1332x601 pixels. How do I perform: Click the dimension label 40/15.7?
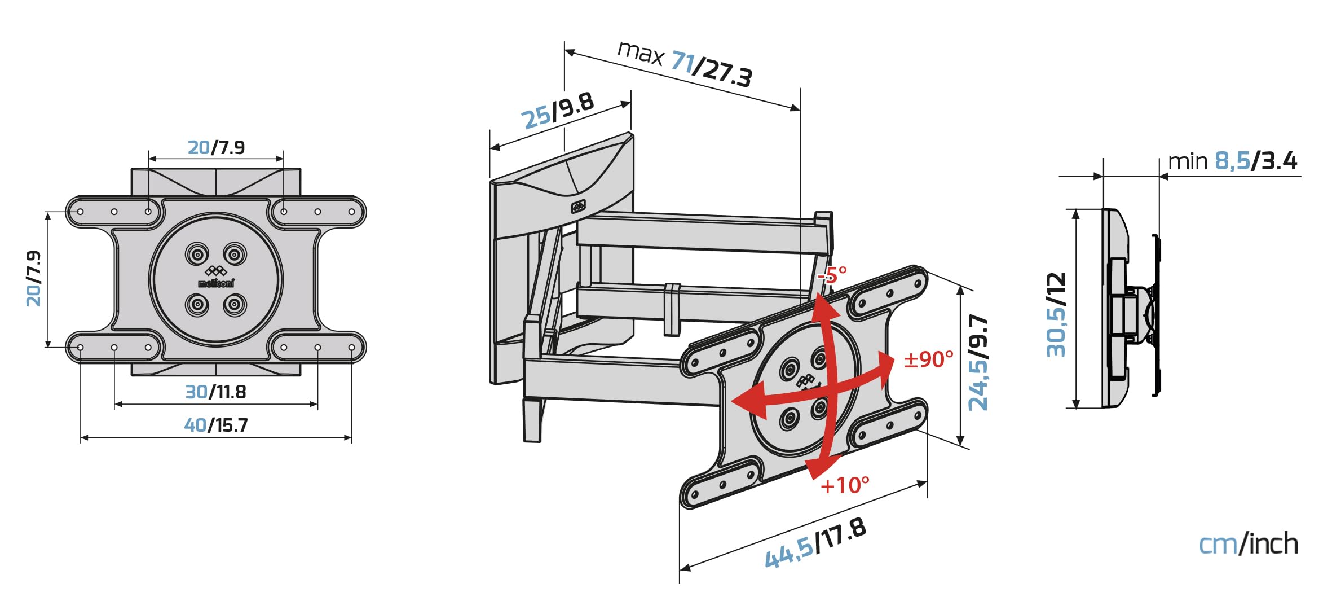click(216, 425)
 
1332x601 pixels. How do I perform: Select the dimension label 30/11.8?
click(216, 392)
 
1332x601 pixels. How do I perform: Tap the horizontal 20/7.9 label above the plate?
click(216, 148)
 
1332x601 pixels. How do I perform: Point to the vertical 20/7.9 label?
click(34, 279)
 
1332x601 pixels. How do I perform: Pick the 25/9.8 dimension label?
click(557, 111)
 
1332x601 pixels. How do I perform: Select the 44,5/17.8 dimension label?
click(815, 543)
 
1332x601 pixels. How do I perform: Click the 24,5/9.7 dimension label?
click(978, 362)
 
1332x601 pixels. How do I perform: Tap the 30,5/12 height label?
click(1056, 315)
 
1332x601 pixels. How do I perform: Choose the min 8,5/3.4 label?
click(1232, 161)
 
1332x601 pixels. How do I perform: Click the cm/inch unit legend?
click(1247, 544)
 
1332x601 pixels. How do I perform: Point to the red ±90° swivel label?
click(929, 359)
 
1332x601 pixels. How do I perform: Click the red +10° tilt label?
click(844, 485)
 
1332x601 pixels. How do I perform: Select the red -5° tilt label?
click(833, 275)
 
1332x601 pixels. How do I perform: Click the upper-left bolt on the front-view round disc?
click(197, 255)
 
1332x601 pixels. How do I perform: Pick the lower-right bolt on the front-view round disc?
click(235, 305)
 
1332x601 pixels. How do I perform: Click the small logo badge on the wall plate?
click(578, 207)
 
